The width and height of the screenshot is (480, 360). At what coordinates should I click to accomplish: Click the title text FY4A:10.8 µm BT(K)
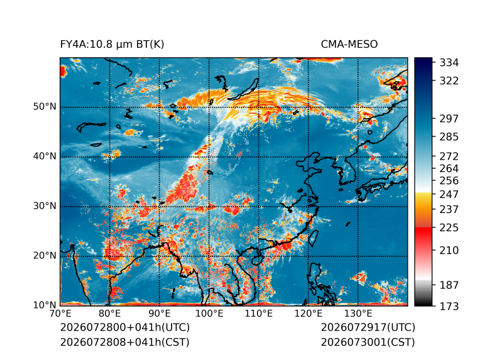(112, 45)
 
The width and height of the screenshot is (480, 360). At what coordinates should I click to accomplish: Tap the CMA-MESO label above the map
(349, 45)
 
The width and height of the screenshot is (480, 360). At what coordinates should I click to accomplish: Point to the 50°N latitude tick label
(45, 107)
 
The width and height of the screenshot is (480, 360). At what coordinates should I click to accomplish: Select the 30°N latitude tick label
(45, 206)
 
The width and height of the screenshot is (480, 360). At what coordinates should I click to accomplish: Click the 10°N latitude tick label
(45, 305)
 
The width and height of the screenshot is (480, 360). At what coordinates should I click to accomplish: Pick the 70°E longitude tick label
(60, 314)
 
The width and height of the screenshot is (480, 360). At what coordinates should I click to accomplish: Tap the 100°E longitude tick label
(209, 314)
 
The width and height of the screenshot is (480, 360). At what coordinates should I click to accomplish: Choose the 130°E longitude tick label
(358, 314)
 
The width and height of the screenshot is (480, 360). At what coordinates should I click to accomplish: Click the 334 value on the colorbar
(449, 63)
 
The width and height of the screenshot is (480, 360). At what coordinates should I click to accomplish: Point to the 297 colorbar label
(449, 119)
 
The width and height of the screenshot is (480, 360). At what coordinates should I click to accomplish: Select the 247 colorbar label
(449, 194)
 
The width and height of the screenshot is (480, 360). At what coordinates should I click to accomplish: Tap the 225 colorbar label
(449, 228)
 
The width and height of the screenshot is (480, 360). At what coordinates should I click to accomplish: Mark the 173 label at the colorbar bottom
(449, 306)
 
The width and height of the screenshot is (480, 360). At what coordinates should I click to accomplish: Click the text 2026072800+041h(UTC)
(125, 327)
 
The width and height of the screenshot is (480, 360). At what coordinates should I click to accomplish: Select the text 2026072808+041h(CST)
(125, 342)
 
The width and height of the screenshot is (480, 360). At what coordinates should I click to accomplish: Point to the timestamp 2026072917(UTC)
(368, 327)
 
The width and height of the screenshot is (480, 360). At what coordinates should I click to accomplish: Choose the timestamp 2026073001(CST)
(368, 342)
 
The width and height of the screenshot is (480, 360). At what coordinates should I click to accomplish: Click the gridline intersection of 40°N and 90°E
(160, 157)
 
